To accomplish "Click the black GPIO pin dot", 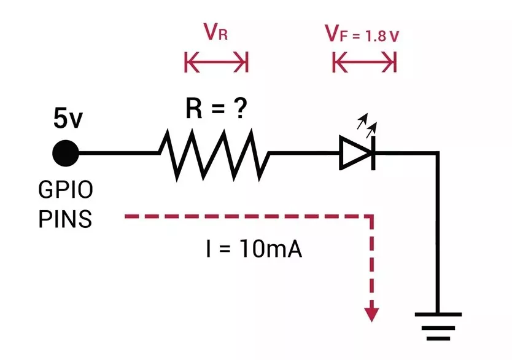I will [65, 153].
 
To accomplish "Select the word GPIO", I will [66, 190].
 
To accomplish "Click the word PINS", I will [65, 219].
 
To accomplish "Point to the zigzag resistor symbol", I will [214, 153].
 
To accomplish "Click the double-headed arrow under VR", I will [216, 62].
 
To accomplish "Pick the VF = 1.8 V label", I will [362, 34].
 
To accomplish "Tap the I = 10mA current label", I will [254, 251].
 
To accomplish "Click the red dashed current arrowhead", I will [371, 314].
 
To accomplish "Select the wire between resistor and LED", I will [304, 153].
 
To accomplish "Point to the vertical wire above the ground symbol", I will [438, 233].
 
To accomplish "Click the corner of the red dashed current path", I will [371, 217].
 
